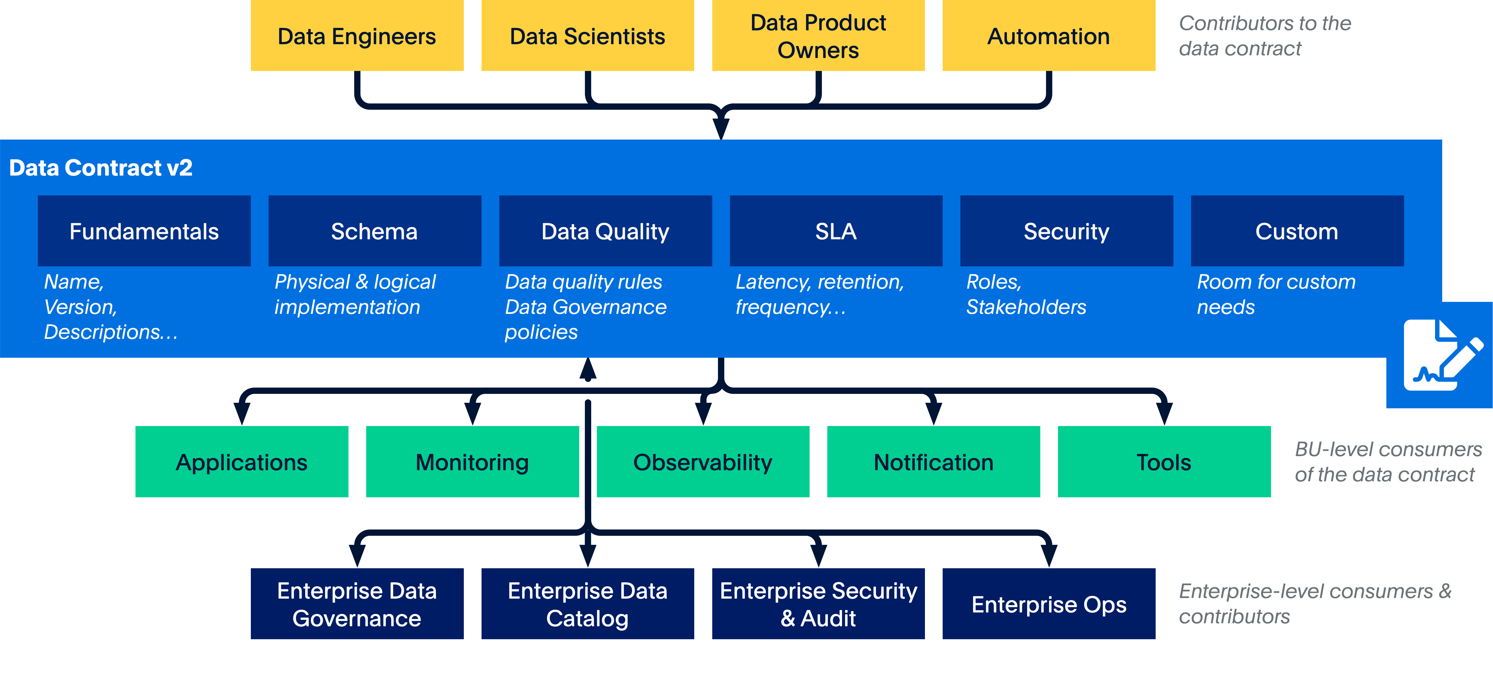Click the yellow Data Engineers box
357,36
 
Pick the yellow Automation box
1048,36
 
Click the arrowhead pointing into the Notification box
933,413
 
